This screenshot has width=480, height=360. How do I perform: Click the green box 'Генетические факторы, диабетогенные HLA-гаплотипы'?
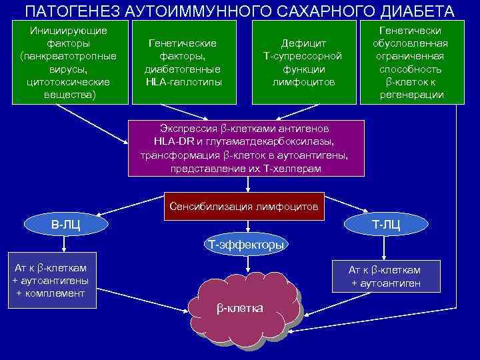click(183, 63)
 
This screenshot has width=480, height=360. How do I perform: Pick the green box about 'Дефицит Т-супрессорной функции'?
click(303, 63)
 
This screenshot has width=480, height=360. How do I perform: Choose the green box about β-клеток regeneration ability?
click(410, 63)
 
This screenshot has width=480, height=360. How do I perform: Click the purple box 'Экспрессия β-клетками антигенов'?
click(246, 148)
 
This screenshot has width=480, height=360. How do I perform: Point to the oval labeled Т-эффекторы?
click(246, 245)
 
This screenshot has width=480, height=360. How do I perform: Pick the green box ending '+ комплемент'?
click(51, 281)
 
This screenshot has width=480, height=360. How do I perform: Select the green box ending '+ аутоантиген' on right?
click(385, 277)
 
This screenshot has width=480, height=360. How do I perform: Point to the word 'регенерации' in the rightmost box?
click(410, 95)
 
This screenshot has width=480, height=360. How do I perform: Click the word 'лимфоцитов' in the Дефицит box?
click(303, 82)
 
